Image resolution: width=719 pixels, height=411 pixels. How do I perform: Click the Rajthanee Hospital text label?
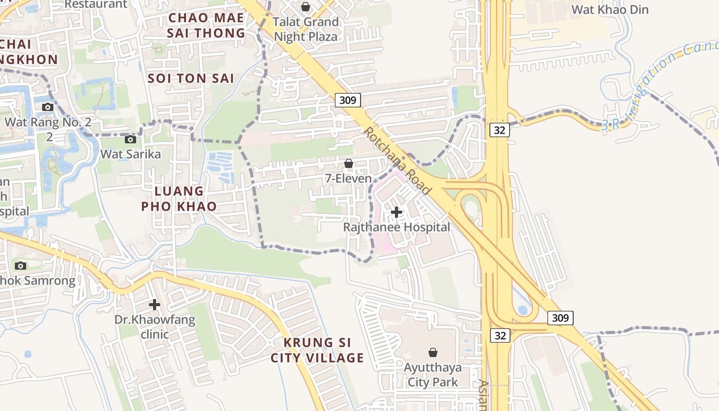pos(396,227)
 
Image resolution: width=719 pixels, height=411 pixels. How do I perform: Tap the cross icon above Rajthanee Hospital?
pos(396,212)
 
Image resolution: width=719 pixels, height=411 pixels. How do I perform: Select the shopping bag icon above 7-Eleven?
pos(349,163)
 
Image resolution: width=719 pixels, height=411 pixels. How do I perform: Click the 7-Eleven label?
pos(348,179)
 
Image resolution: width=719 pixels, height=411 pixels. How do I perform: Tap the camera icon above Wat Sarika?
pos(130,139)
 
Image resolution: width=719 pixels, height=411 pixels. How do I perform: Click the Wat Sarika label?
pos(130,154)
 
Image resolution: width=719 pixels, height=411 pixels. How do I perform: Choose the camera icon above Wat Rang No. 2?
pos(48,107)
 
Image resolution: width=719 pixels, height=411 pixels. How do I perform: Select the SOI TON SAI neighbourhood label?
pos(191,79)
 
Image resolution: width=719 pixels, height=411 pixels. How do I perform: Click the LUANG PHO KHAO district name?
pos(185,199)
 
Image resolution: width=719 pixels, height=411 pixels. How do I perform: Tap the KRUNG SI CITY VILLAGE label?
pos(317,350)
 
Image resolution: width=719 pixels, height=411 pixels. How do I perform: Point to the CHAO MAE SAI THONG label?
pos(206,25)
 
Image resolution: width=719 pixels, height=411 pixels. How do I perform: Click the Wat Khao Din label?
pos(610,10)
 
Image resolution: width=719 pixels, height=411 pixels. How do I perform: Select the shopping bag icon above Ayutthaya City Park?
pos(433,352)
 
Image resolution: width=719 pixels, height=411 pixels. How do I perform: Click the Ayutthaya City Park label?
pos(432,375)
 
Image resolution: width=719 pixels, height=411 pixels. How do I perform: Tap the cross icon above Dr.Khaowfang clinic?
pos(155,305)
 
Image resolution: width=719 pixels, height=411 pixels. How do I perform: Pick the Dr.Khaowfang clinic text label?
pos(155,327)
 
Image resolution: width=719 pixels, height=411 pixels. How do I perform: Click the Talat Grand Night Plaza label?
pos(306,29)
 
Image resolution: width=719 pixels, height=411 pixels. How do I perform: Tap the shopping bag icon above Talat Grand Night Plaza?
pos(306,7)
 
